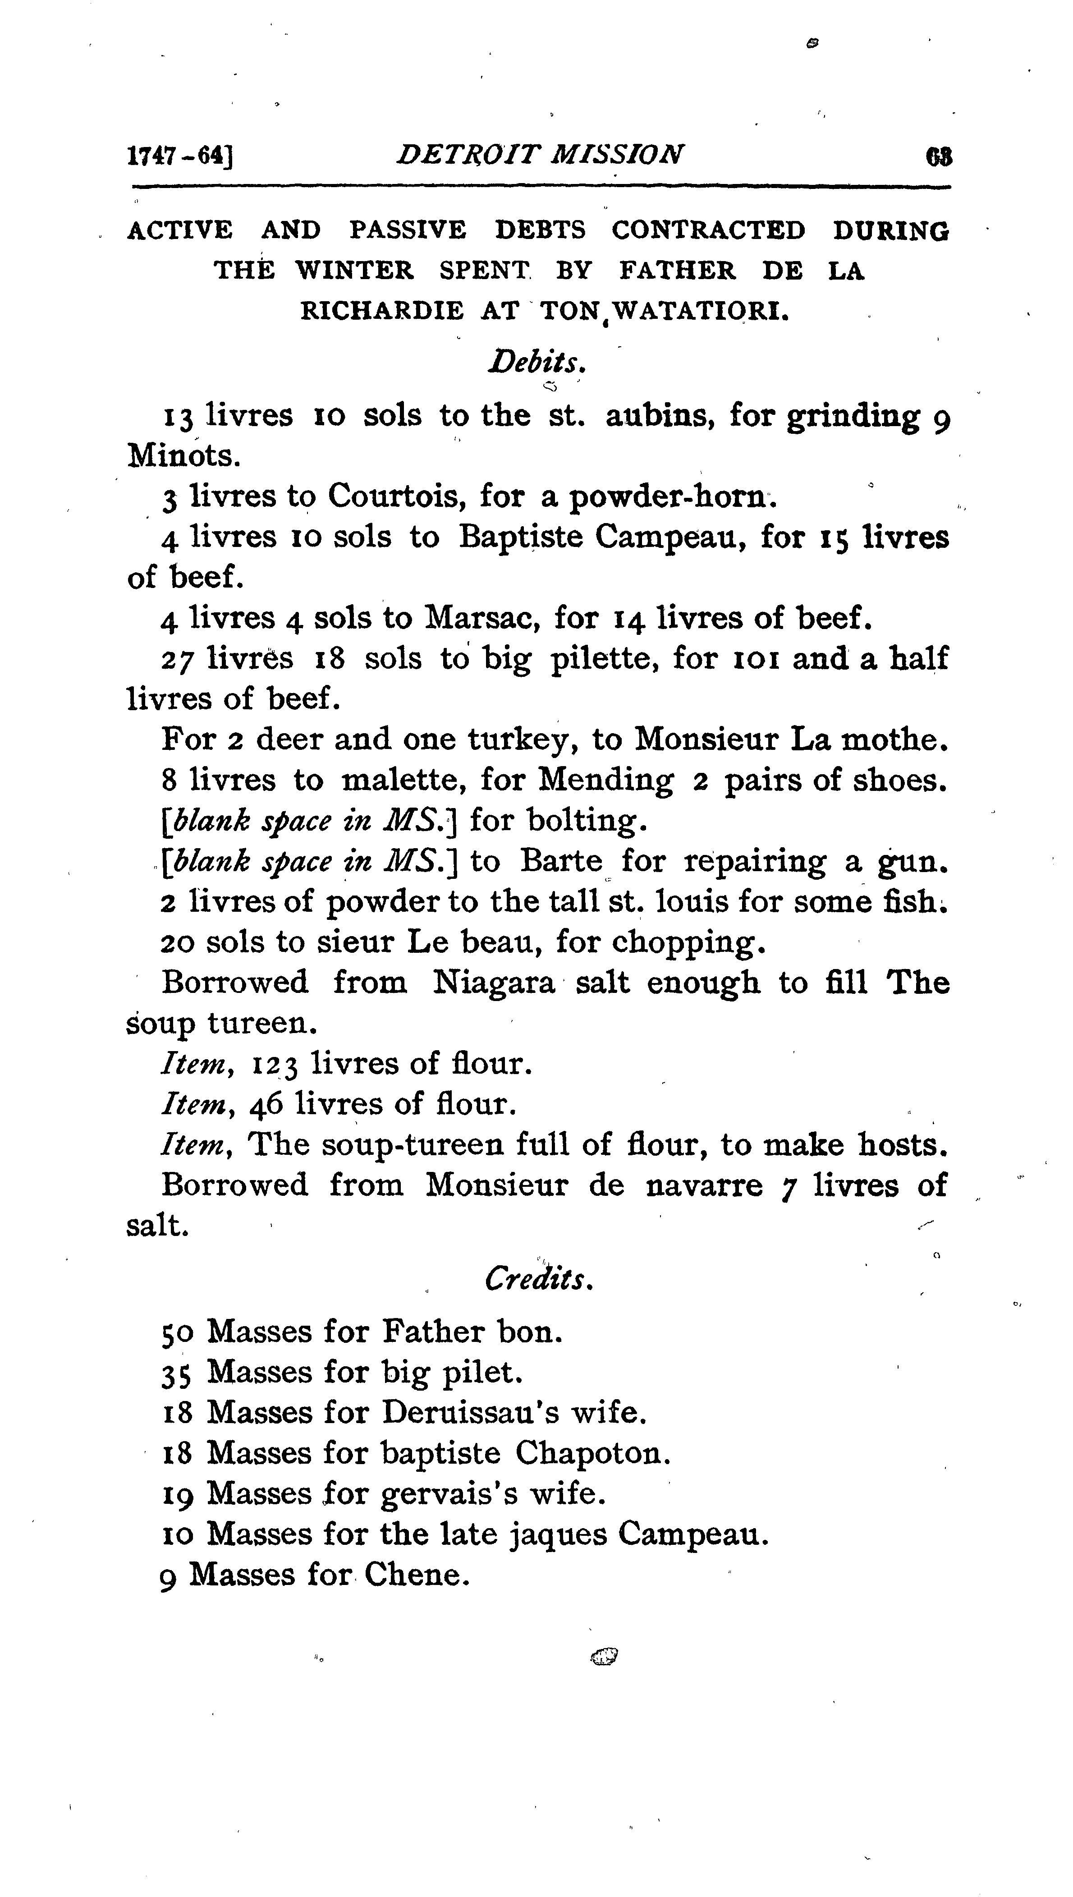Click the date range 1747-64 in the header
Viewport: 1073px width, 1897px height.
pos(180,156)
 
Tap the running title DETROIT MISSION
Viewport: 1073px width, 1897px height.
pos(539,154)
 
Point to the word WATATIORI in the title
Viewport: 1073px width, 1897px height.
pos(701,311)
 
